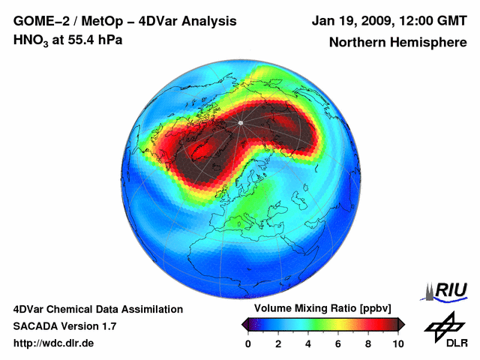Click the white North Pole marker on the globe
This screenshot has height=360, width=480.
pyautogui.click(x=240, y=122)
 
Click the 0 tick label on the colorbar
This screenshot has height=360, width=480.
pyautogui.click(x=248, y=343)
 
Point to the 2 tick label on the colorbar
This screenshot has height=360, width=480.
pyautogui.click(x=278, y=343)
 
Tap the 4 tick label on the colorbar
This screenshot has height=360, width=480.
pyautogui.click(x=308, y=343)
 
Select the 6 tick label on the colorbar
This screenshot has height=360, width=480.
pyautogui.click(x=338, y=343)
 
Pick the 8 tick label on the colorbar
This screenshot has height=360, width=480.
pyautogui.click(x=368, y=343)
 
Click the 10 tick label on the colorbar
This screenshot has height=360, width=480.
pyautogui.click(x=397, y=343)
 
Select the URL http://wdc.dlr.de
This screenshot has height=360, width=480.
pyautogui.click(x=54, y=343)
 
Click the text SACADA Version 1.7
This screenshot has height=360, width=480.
pyautogui.click(x=64, y=326)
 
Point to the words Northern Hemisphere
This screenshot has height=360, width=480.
pyautogui.click(x=397, y=43)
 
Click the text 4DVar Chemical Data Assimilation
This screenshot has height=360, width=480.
pyautogui.click(x=97, y=309)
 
